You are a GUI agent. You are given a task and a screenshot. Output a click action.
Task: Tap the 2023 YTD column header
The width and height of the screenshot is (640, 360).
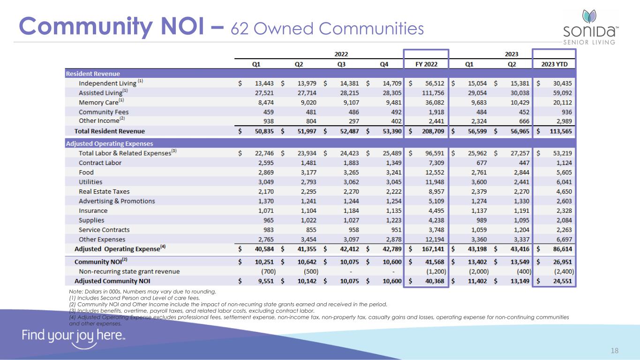tap(555, 64)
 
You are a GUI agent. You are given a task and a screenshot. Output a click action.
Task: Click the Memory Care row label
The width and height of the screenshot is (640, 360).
tap(98, 102)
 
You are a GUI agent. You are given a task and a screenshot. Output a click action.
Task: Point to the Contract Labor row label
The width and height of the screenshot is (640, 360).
tap(100, 163)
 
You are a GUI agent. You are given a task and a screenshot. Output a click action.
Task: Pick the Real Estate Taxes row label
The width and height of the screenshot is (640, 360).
tap(104, 191)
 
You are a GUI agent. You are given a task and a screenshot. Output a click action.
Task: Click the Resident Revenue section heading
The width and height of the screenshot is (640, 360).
tap(93, 74)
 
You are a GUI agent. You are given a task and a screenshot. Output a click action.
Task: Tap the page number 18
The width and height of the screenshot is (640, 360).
tap(615, 350)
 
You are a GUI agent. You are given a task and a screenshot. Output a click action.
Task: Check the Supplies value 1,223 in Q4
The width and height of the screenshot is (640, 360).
tap(392, 220)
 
